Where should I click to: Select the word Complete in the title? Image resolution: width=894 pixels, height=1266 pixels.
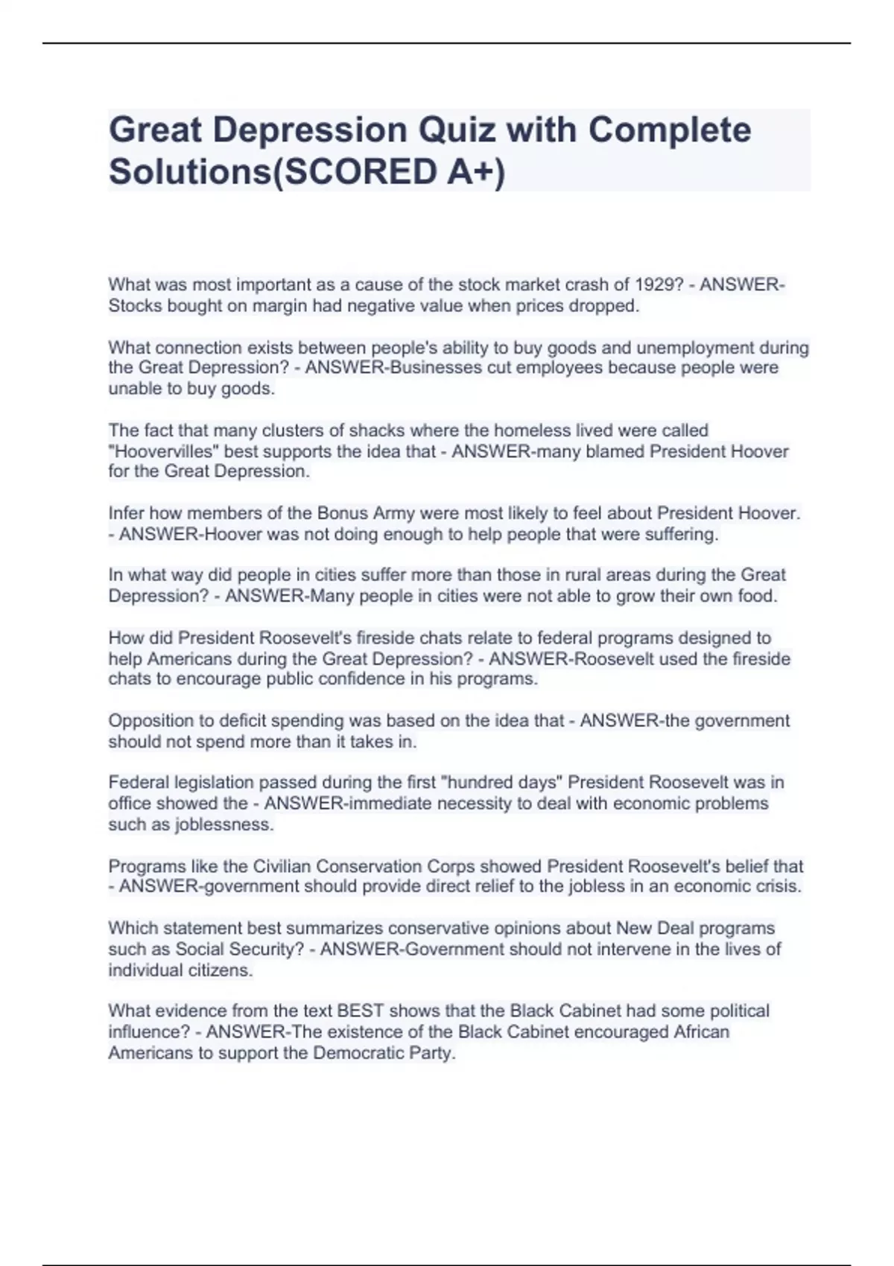tap(670, 130)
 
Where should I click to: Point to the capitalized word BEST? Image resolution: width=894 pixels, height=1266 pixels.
tap(361, 1011)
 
